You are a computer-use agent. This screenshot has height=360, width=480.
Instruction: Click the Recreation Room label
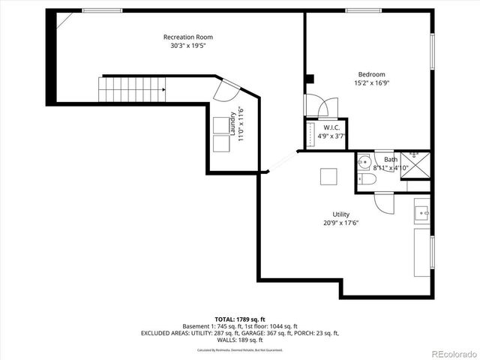pyautogui.click(x=188, y=37)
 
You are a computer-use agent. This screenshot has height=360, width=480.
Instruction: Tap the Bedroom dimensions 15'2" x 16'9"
pyautogui.click(x=371, y=82)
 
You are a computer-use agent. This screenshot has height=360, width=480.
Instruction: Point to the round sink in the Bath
pyautogui.click(x=364, y=160)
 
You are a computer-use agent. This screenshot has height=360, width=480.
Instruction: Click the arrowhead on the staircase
pyautogui.click(x=162, y=89)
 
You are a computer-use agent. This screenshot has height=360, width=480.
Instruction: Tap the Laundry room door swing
pyautogui.click(x=223, y=91)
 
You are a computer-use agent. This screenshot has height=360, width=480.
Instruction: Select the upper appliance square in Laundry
pyautogui.click(x=222, y=125)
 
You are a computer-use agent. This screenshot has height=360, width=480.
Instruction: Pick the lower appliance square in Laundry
pyautogui.click(x=222, y=143)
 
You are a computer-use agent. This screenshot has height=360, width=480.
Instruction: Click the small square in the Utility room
pyautogui.click(x=328, y=176)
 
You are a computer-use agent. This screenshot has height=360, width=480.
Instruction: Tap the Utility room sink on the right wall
pyautogui.click(x=422, y=212)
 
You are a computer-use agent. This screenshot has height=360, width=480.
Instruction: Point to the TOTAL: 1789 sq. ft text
pyautogui.click(x=241, y=319)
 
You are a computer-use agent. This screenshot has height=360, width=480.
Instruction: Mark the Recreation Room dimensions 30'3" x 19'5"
pyautogui.click(x=188, y=46)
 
